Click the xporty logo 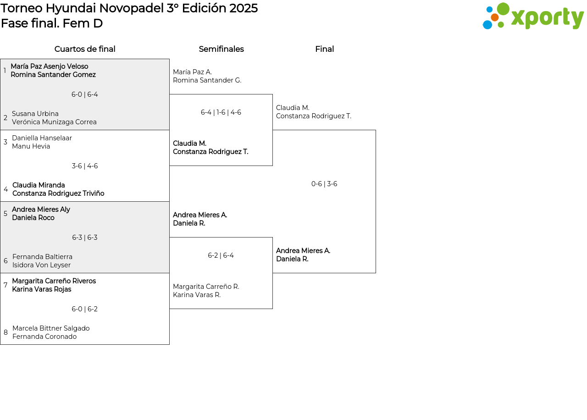[533, 16]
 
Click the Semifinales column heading [221, 49]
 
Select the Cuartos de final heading [85, 49]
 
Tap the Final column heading [324, 49]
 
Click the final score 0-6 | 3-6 [324, 184]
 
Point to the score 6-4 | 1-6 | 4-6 [221, 112]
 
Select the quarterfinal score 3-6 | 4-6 [85, 166]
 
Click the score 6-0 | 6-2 [85, 309]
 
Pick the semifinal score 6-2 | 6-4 [221, 255]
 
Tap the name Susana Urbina [35, 114]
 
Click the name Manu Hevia [31, 146]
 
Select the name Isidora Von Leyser [41, 265]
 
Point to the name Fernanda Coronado [44, 337]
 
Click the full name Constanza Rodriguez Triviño [58, 193]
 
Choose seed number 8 [6, 332]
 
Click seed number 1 [5, 71]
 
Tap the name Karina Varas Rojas [42, 289]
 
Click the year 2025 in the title [244, 8]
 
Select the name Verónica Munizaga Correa [54, 122]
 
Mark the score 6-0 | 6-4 [85, 94]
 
